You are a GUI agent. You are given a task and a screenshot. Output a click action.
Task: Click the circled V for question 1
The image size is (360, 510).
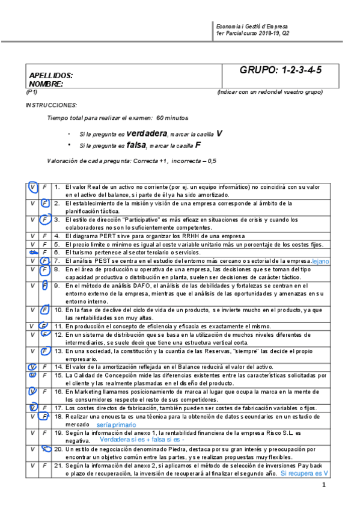[32, 188]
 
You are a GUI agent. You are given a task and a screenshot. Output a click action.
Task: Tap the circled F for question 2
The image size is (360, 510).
[45, 204]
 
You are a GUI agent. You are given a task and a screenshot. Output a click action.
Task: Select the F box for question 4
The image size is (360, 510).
[45, 236]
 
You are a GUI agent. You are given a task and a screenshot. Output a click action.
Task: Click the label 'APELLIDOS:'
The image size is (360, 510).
[51, 76]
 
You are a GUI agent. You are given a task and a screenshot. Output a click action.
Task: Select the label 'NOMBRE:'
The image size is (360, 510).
[46, 84]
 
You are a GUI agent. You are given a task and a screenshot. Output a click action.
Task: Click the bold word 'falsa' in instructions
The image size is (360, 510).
[136, 145]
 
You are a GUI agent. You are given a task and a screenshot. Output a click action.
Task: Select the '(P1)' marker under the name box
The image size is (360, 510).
[32, 92]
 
